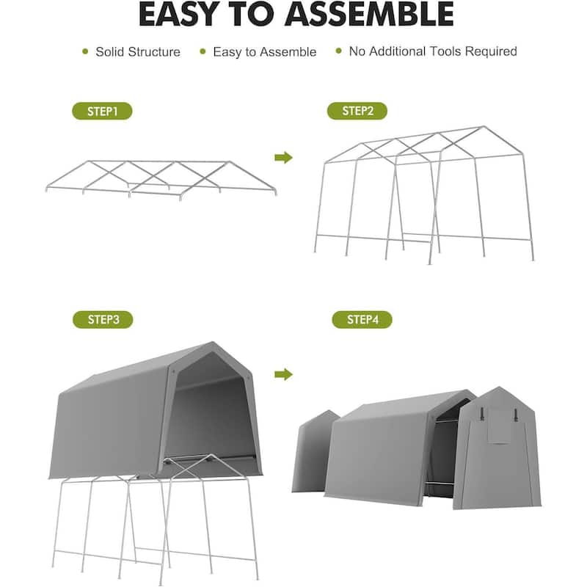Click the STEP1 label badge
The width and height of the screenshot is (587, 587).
[x=102, y=112]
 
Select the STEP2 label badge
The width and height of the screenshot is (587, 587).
[x=357, y=112]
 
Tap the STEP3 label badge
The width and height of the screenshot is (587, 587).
[x=102, y=320]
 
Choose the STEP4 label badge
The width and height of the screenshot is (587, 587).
[x=362, y=320]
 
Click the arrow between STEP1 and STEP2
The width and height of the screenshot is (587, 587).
[x=283, y=158]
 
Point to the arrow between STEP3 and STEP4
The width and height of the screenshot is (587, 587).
[x=283, y=375]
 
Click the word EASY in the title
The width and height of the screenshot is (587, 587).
[x=186, y=15]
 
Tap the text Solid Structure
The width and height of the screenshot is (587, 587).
[x=137, y=52]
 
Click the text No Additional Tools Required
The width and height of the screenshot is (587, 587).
[x=433, y=51]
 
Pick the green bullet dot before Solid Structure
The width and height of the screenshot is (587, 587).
[x=85, y=52]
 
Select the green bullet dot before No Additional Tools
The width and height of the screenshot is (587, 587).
[x=338, y=51]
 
